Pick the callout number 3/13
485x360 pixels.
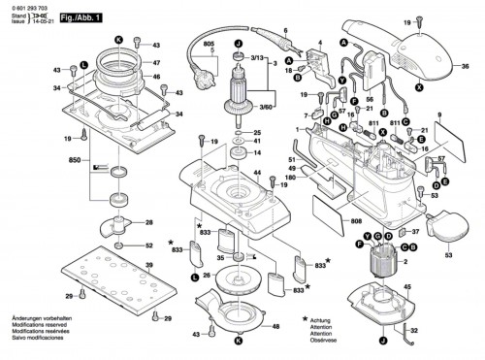point(257,59)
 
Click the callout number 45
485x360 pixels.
point(406,287)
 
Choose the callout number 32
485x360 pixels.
point(414,331)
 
